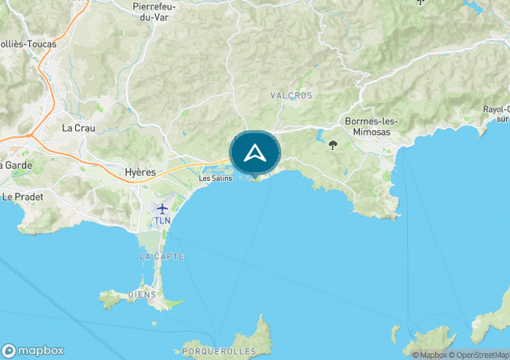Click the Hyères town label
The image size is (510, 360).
[141, 172]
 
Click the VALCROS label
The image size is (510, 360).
[291, 95]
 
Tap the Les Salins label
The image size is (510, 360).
[215, 178]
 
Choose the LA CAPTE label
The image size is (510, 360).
[160, 257]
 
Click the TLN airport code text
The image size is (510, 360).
[162, 220]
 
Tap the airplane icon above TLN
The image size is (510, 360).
[162, 208]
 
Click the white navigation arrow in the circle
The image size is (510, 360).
[254, 153]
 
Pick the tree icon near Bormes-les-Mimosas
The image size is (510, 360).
[334, 145]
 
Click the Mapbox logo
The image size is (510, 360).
[33, 350]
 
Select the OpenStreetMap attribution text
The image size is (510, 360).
[480, 355]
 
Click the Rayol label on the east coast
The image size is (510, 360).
[496, 109]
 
